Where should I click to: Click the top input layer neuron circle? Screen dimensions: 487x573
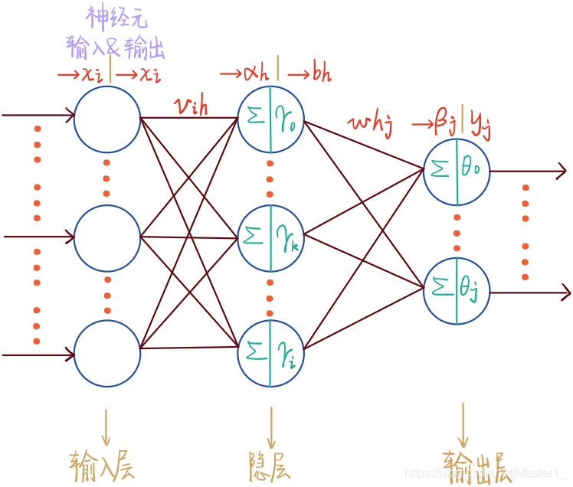tap(107, 119)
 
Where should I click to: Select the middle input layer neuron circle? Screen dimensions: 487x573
tap(107, 237)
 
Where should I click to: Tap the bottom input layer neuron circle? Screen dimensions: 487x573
tap(107, 354)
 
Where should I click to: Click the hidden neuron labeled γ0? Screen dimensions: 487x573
tap(270, 119)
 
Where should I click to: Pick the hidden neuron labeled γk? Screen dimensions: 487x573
tap(270, 237)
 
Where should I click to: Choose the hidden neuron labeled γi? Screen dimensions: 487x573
tap(270, 354)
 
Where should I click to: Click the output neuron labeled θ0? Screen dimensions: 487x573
tap(457, 172)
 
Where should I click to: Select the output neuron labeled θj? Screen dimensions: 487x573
tap(457, 292)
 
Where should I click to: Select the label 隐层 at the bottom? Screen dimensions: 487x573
tap(270, 464)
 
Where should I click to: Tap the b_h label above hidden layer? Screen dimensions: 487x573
tap(320, 74)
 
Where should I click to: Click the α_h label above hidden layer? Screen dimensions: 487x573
tap(254, 74)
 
